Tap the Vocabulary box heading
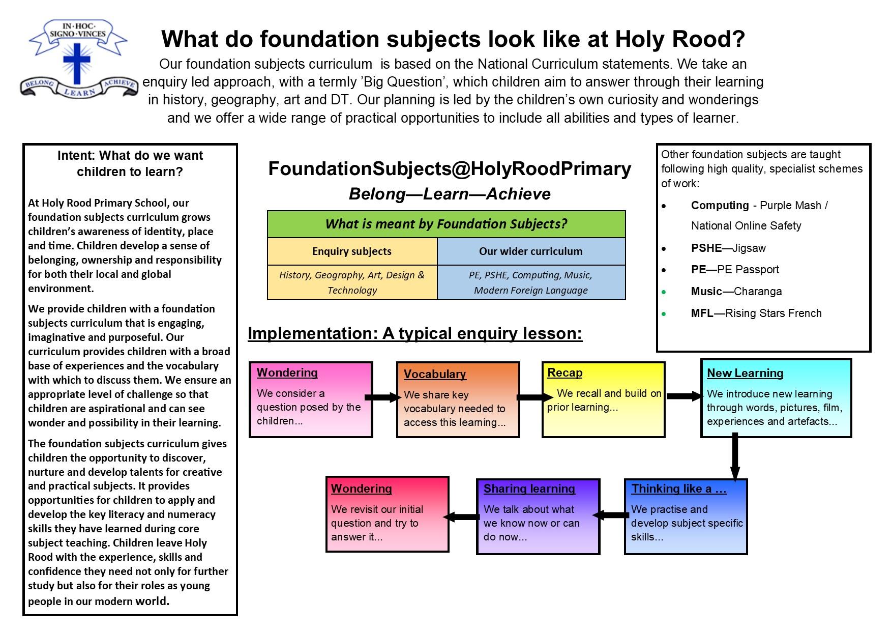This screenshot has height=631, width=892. (434, 374)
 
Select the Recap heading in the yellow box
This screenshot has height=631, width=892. (564, 372)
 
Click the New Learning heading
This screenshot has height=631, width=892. (745, 373)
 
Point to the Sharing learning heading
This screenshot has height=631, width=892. (529, 489)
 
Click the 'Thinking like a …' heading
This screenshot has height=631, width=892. (678, 489)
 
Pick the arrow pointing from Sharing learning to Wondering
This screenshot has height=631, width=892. (462, 517)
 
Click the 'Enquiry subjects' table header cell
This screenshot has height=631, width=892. (352, 251)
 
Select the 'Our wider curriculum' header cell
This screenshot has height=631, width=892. (530, 251)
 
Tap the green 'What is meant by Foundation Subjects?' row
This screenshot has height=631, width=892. (446, 224)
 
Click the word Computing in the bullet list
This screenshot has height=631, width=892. (720, 205)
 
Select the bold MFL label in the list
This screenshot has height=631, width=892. (702, 313)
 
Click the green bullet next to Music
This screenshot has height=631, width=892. (664, 292)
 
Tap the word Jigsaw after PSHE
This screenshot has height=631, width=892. (749, 248)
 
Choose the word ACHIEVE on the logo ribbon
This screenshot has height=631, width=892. (119, 84)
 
